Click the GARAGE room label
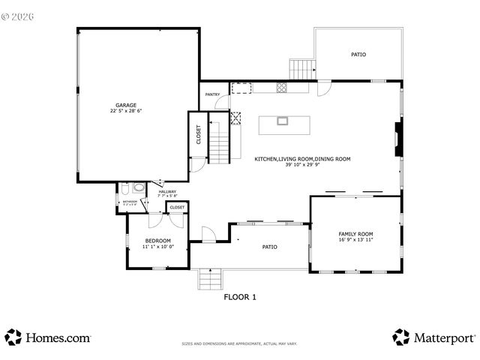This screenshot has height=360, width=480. click(125, 104)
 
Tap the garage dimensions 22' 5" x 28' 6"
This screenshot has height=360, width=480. click(125, 110)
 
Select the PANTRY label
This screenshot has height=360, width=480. click(212, 94)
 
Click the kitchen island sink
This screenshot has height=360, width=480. click(283, 121)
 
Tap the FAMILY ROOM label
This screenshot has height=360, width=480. click(355, 234)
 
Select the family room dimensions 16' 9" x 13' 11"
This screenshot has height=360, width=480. click(355, 240)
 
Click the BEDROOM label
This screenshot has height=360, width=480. click(157, 241)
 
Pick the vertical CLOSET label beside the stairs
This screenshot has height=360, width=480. click(199, 134)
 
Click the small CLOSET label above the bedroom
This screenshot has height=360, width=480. click(177, 207)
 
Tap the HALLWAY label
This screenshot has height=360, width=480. click(167, 191)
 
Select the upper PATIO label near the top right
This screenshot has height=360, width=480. click(358, 55)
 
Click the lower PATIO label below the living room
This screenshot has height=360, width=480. click(269, 247)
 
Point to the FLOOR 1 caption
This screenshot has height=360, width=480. click(240, 297)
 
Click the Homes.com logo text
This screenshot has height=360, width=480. click(58, 337)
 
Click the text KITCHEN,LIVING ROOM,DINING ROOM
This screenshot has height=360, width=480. click(302, 159)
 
